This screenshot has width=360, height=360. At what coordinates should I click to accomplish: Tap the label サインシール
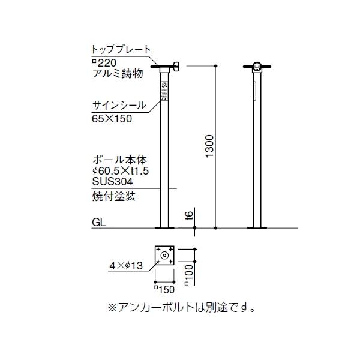(118, 105)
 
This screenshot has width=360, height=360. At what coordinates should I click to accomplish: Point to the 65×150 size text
(112, 118)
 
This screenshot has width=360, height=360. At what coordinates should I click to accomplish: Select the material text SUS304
(112, 181)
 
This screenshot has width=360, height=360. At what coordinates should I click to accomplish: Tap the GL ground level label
(99, 222)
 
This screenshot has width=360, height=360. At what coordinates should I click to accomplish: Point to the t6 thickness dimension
(189, 215)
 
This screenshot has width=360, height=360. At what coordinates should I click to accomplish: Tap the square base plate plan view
(164, 256)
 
